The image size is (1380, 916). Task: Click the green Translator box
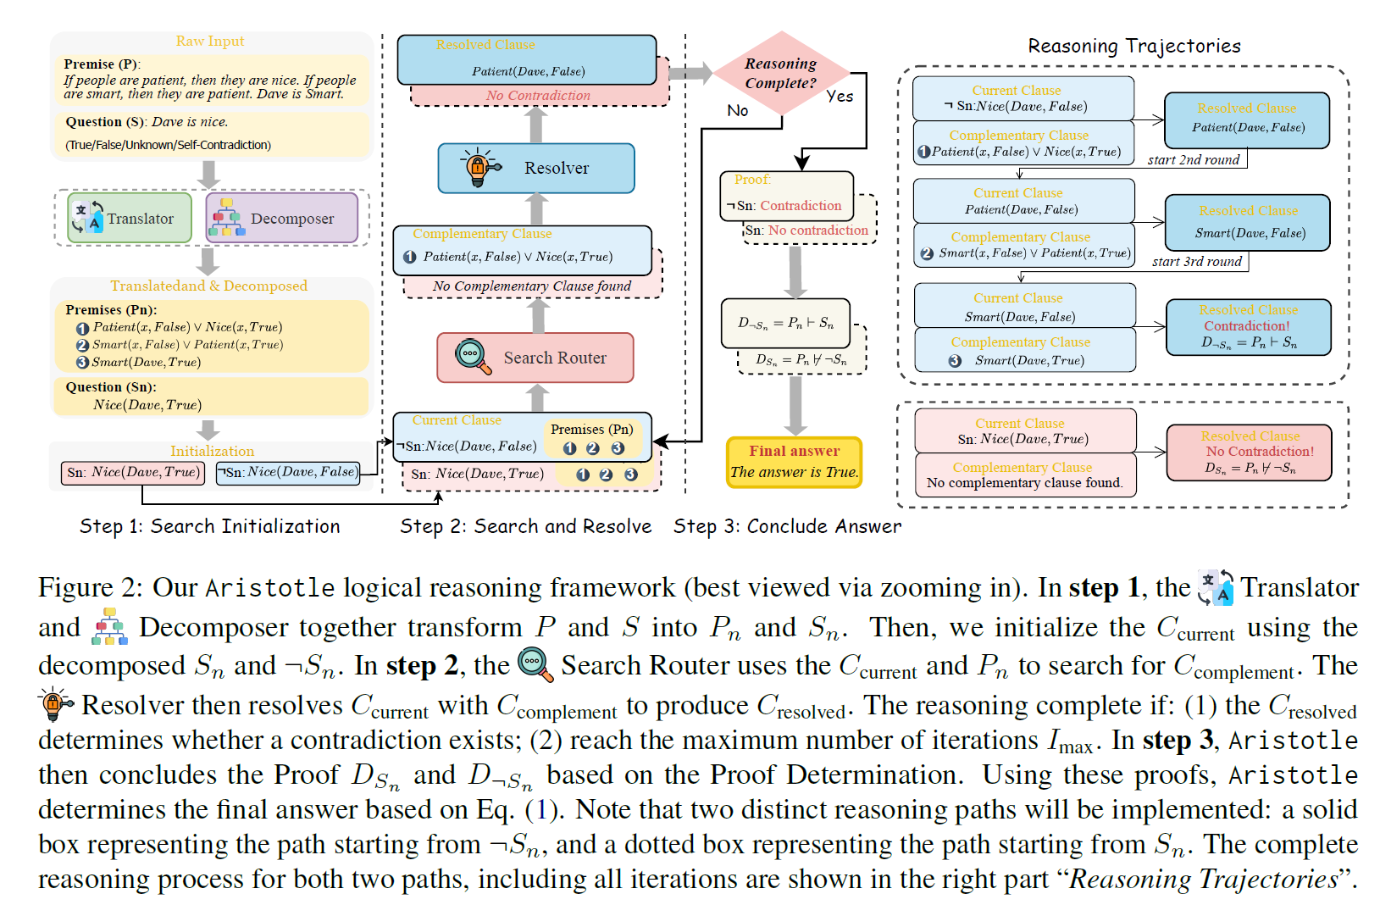[130, 219]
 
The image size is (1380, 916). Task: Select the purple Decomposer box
[281, 219]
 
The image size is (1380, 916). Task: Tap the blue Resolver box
[535, 168]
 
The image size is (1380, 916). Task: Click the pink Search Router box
[535, 358]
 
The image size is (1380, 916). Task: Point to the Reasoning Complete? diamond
[780, 73]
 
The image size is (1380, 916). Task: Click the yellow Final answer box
[794, 462]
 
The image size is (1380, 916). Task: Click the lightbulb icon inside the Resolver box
[479, 167]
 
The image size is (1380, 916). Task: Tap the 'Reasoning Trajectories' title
[1133, 46]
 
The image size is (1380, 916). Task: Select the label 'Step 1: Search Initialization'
[209, 526]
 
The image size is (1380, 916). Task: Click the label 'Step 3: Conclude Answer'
[787, 526]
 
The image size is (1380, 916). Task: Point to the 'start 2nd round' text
[1193, 159]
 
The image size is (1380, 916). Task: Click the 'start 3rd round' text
[1196, 262]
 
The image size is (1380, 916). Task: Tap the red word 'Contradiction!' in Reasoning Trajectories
[1246, 326]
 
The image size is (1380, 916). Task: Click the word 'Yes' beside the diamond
[840, 97]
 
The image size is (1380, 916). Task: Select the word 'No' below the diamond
[737, 110]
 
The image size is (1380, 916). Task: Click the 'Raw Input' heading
[209, 41]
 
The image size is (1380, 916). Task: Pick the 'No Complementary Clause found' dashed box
[531, 286]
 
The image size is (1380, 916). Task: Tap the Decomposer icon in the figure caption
[110, 627]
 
